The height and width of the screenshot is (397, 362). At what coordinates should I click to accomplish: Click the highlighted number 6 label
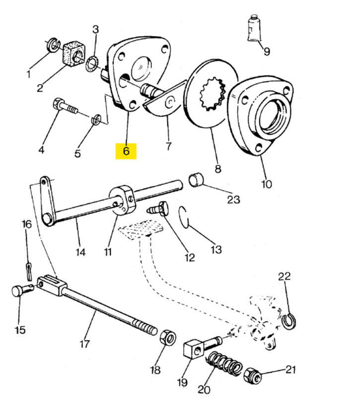pos(126,151)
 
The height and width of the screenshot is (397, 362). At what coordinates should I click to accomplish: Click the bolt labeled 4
pos(65,106)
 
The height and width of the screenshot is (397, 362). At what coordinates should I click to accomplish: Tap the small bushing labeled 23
pos(196,180)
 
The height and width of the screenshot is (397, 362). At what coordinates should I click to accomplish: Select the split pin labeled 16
pos(29,271)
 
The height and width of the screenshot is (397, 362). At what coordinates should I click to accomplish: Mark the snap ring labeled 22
pos(289,322)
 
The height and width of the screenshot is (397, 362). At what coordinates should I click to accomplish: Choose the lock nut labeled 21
pos(253,375)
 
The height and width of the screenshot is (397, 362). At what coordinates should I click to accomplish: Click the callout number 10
pos(266,184)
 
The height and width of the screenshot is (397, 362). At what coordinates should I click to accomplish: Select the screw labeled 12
pos(157,208)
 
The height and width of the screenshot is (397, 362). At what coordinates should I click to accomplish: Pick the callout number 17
pos(84,344)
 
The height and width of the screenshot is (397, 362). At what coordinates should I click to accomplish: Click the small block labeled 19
pos(193,349)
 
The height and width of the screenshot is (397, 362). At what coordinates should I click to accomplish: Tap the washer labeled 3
pos(92,65)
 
